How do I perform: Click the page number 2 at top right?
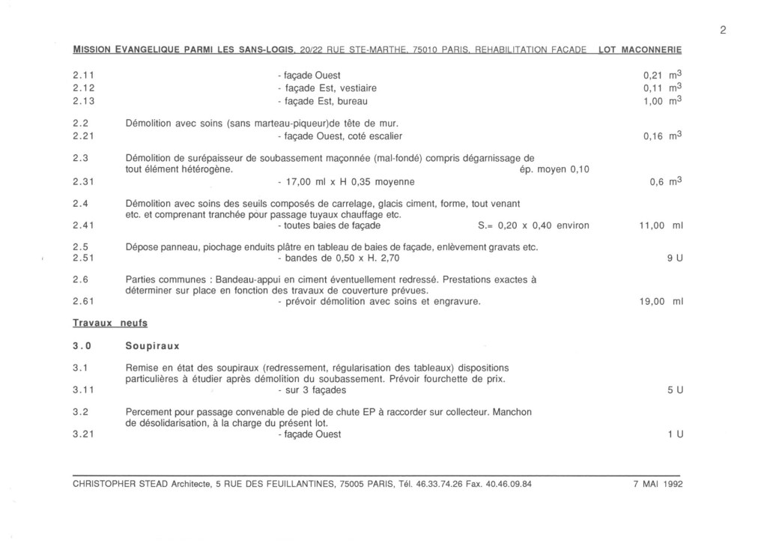[x=723, y=31]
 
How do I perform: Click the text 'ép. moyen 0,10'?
[x=554, y=169]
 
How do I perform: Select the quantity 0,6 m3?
[x=666, y=181]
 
